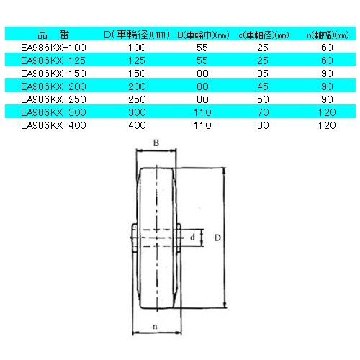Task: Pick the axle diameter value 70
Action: point(264,111)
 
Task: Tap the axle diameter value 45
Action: point(264,84)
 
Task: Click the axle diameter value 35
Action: point(264,71)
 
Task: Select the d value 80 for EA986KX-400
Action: point(264,124)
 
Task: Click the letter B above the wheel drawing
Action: point(155,143)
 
